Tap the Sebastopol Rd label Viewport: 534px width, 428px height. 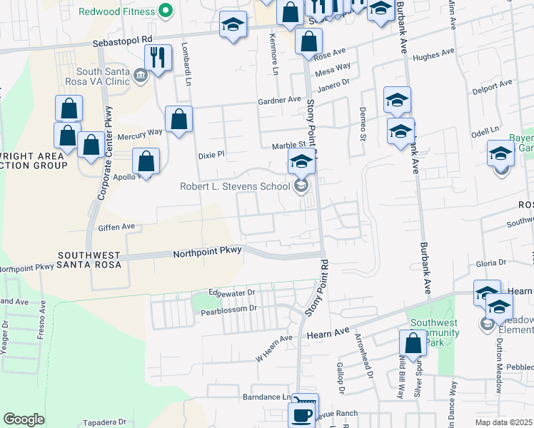click(123, 43)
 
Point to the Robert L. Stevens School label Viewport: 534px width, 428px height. click(235, 186)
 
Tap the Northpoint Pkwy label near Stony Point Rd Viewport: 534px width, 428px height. click(208, 253)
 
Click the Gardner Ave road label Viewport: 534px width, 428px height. click(280, 101)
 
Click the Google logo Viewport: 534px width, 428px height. click(24, 419)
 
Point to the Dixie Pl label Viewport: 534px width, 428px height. click(211, 153)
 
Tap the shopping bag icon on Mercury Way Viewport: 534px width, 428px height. click(178, 118)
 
